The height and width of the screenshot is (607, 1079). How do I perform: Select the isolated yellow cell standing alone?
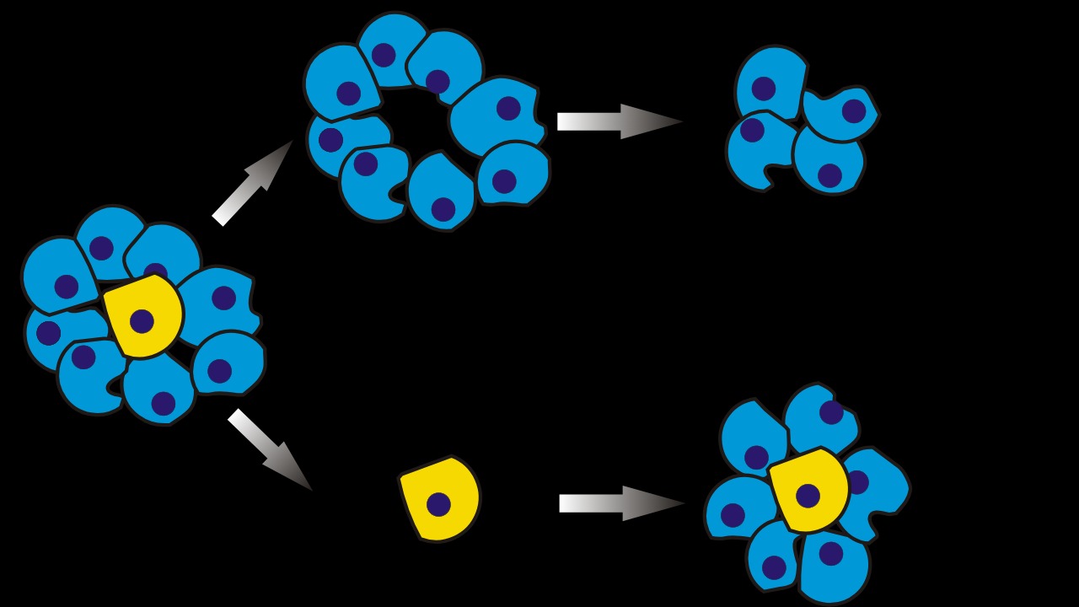click(439, 499)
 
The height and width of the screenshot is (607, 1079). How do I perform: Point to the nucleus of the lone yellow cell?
click(438, 504)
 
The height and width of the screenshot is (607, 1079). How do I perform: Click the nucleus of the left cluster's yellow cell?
click(142, 321)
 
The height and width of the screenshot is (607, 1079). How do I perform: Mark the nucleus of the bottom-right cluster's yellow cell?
click(808, 496)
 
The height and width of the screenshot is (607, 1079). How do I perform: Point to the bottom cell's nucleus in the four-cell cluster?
click(829, 175)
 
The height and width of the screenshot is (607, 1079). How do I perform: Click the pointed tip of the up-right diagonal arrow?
click(292, 142)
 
